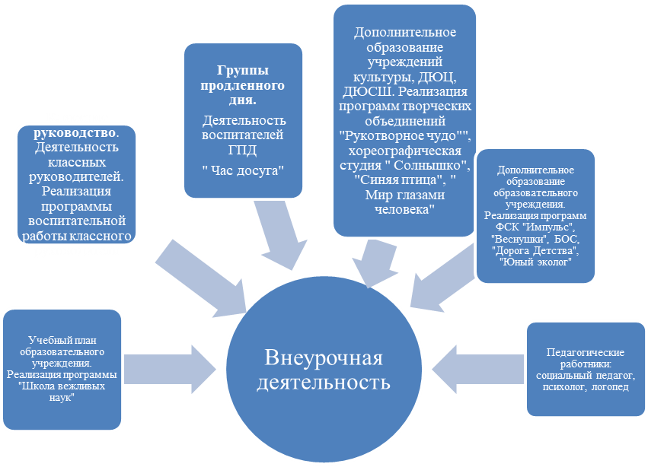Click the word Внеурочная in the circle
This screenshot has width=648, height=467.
(324, 357)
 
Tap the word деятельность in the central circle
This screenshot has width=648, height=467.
(324, 382)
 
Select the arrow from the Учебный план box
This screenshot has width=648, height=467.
(171, 369)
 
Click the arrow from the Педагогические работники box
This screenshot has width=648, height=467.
(477, 369)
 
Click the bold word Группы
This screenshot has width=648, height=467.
(243, 70)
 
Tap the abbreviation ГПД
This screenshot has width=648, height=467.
(243, 150)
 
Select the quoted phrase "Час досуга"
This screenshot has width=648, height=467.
(243, 170)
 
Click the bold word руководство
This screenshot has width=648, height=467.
(75, 132)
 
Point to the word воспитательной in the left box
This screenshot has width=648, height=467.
(77, 221)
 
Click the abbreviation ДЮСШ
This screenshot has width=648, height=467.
(364, 91)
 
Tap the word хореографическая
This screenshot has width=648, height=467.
(405, 151)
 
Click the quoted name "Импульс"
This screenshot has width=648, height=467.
(547, 227)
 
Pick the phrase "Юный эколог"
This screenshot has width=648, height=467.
(535, 262)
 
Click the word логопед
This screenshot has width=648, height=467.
(610, 387)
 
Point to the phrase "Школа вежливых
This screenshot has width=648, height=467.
(62, 386)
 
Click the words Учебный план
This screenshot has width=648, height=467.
(62, 340)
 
